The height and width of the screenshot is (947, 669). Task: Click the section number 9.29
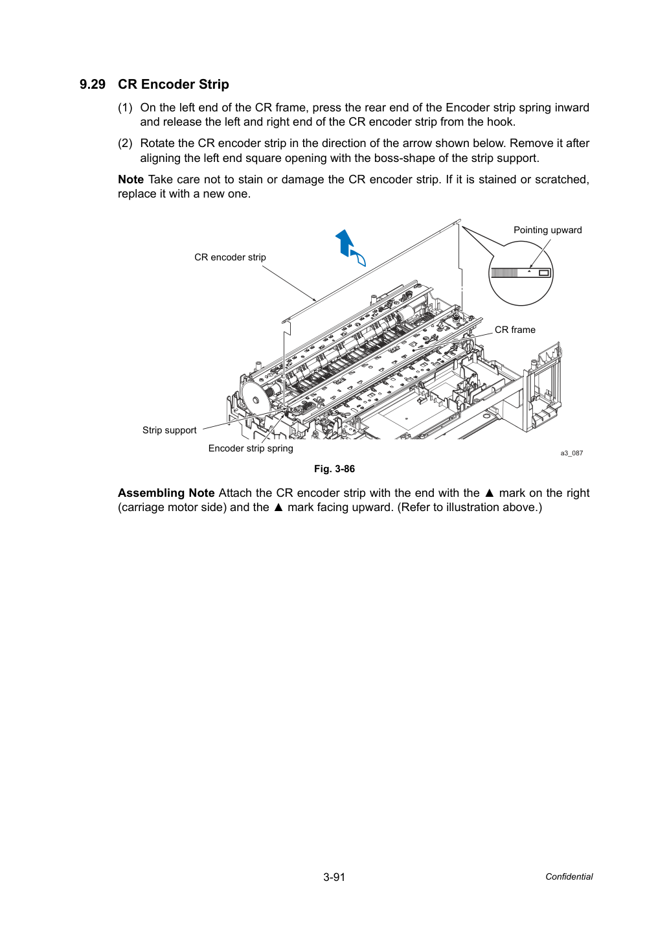tap(93, 84)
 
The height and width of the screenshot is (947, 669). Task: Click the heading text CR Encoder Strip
tap(174, 84)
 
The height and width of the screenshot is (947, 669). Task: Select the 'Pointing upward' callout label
tap(547, 231)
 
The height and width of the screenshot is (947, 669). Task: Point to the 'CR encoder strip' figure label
tap(230, 257)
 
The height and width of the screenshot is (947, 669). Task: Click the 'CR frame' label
tap(515, 330)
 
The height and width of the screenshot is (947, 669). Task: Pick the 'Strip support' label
tap(169, 430)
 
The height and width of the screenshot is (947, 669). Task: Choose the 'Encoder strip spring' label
tap(251, 448)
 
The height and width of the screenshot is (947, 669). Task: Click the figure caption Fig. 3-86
tap(334, 469)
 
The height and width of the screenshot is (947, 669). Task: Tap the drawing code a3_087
tap(571, 453)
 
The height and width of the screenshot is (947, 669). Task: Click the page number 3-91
tap(334, 877)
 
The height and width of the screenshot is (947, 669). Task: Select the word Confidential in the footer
tap(569, 877)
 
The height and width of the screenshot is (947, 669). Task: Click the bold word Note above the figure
tap(131, 179)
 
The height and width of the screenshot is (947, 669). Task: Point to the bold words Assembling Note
tap(166, 494)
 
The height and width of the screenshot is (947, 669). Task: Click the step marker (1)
tap(125, 108)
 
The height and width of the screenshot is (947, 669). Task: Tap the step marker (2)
tap(125, 144)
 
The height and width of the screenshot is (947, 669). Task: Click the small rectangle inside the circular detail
tap(544, 273)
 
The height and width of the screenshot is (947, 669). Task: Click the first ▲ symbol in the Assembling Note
tap(490, 494)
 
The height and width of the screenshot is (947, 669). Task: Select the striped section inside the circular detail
tap(504, 273)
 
